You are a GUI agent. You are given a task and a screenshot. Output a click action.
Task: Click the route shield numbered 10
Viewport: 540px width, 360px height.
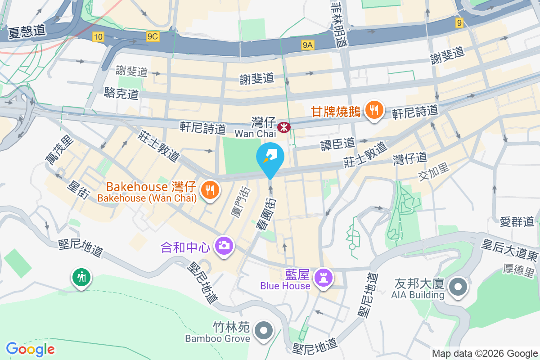click(98, 37)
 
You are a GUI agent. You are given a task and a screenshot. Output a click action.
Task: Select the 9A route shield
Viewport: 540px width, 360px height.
click(308, 44)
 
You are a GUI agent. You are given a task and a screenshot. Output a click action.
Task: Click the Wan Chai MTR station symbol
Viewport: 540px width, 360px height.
click(284, 127)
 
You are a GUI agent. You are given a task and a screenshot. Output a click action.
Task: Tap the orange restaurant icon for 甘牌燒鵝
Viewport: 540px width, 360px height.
click(374, 110)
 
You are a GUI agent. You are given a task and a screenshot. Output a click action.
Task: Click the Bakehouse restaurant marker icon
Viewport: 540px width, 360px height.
click(209, 189)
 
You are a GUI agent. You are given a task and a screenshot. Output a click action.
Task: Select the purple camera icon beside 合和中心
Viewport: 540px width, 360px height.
click(224, 246)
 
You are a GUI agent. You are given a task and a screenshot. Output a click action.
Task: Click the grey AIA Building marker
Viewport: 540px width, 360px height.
click(458, 287)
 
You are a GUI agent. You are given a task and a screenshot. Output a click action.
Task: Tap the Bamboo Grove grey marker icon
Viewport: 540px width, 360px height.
click(264, 331)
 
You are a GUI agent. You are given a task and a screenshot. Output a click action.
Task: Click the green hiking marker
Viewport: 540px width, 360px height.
click(81, 278)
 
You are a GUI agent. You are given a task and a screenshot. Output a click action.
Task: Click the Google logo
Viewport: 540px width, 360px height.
click(30, 349)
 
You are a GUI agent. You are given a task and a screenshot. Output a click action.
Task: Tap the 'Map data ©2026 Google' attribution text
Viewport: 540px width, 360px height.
click(485, 353)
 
